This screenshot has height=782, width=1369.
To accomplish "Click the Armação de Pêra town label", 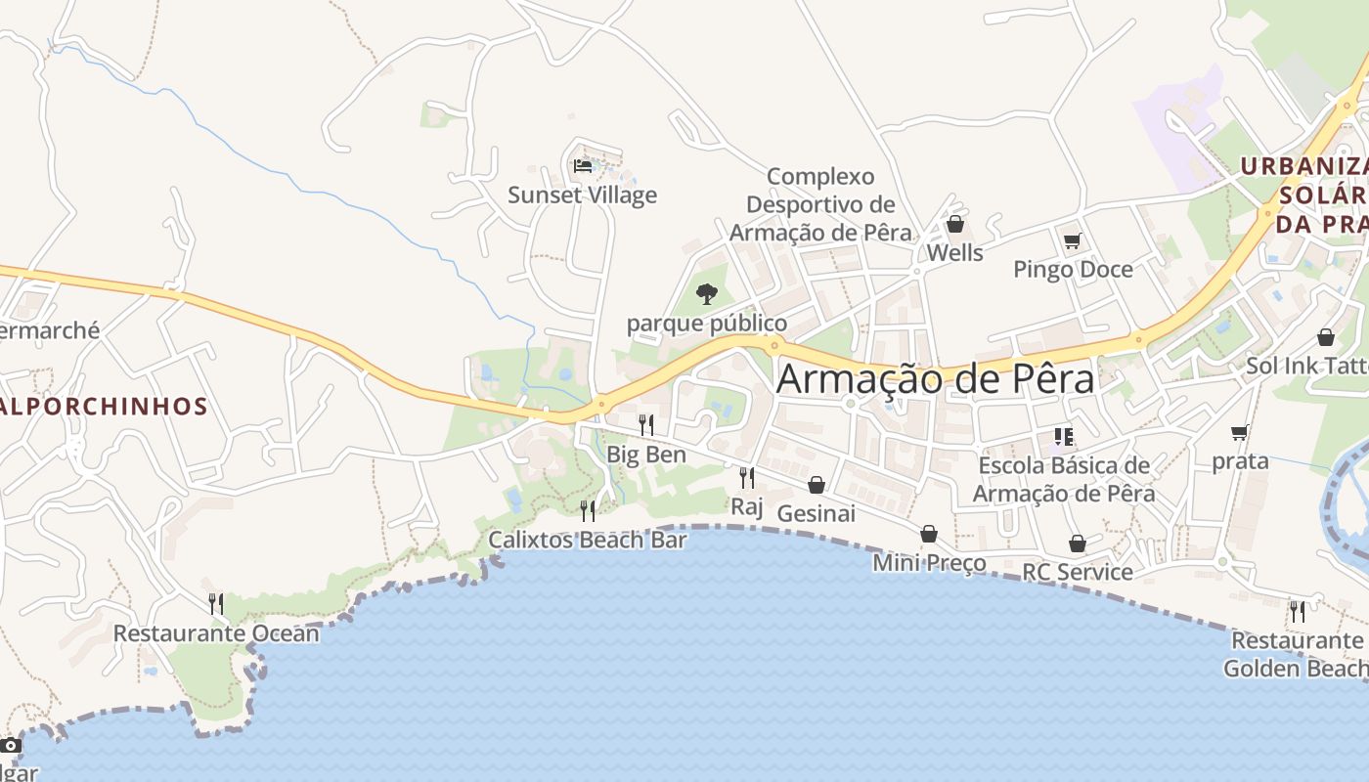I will (935, 379).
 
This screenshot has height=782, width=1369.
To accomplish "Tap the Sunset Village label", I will (582, 195).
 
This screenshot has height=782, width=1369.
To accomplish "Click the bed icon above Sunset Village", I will (583, 165).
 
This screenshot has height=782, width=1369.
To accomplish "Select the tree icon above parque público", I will (706, 293).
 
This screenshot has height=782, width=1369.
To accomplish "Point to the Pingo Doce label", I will (1073, 270).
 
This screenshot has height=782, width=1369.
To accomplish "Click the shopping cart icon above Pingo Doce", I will (1072, 240).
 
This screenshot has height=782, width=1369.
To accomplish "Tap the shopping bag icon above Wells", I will (954, 225).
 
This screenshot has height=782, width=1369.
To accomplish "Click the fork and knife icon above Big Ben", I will (645, 424).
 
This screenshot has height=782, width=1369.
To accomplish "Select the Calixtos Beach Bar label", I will (588, 540).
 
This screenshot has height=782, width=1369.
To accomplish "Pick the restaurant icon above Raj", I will (746, 477).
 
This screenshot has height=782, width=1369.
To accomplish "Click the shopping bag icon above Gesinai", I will (816, 485).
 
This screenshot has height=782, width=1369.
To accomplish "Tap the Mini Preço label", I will (929, 563).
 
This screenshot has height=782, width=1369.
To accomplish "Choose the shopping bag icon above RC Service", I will (1077, 543).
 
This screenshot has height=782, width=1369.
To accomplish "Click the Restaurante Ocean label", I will (216, 633).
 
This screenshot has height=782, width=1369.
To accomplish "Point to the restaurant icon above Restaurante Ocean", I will (215, 603).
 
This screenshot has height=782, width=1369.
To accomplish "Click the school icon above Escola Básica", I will (1063, 436).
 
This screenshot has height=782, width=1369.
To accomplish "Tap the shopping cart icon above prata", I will (1240, 432).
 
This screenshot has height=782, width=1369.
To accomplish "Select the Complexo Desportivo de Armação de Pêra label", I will (819, 204).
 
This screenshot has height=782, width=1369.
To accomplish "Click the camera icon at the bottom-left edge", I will (11, 746).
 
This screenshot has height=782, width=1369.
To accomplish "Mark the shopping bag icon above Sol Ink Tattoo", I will (1325, 337).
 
